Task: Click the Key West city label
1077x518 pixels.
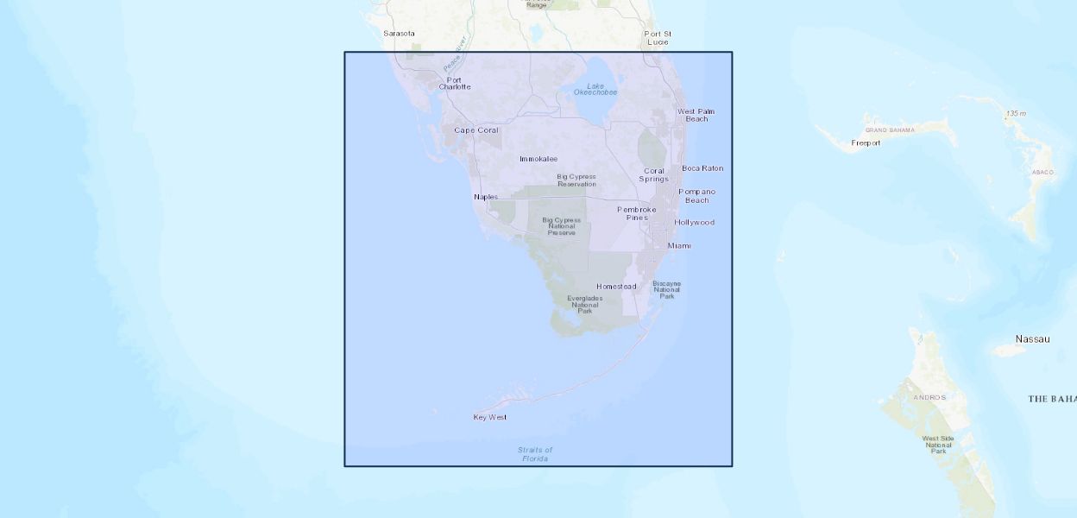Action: (490, 417)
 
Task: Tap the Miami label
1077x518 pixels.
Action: (679, 246)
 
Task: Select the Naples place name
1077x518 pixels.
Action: (486, 197)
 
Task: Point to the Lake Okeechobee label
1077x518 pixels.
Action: (595, 89)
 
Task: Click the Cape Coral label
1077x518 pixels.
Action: (476, 130)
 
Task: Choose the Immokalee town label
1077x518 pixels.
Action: (538, 159)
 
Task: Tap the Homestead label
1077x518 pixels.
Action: (616, 287)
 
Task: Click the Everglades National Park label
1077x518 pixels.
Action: (584, 304)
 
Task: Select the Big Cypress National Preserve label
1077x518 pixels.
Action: (561, 226)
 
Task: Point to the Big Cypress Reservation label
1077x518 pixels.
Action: (576, 180)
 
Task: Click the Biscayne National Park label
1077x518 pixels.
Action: (667, 289)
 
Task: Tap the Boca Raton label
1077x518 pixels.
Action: (702, 168)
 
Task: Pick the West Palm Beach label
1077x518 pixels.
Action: (696, 115)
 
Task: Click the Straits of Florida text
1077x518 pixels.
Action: (535, 454)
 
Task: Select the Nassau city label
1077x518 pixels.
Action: (1032, 339)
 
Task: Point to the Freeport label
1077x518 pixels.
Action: (866, 143)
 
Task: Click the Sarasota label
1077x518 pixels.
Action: (399, 34)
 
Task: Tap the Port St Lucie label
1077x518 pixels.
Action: (657, 37)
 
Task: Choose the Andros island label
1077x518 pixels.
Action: (930, 398)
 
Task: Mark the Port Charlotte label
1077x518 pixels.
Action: (455, 83)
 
